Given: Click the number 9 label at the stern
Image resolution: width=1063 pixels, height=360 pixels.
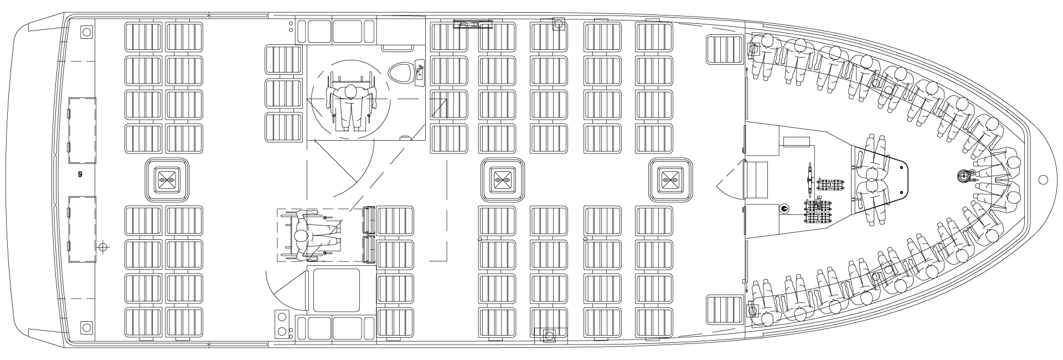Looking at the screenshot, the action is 80,174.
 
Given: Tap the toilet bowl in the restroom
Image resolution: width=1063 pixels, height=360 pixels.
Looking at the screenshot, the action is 399,73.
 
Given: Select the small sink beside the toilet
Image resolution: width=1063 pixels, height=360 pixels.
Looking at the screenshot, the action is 419,71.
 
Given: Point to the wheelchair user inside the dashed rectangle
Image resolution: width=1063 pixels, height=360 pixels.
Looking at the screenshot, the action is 312,235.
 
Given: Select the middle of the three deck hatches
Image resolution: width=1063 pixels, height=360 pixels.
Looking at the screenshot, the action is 503,180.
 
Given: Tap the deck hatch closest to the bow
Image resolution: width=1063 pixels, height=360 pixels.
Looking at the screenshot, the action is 670,180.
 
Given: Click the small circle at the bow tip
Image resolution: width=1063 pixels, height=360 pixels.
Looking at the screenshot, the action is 1044,179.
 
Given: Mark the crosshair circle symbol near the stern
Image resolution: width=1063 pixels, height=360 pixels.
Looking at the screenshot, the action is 102,246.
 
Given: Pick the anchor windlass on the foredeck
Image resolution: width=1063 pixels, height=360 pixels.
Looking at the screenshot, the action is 964,176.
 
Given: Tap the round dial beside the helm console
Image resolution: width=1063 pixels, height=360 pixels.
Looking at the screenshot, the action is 784,209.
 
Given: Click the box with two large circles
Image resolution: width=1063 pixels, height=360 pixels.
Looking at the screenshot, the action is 283,325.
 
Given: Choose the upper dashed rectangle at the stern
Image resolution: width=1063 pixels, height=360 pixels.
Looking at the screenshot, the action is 82,131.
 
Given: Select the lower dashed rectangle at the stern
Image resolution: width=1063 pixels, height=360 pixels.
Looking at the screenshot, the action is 82,229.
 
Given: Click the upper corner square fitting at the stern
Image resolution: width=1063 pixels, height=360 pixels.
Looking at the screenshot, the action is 86,32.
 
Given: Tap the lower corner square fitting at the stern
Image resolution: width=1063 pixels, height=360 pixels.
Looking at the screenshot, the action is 86,327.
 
